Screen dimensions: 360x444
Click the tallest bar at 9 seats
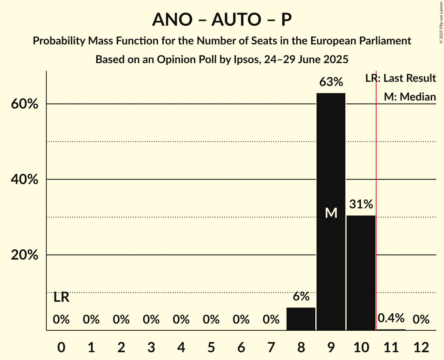(x=331, y=156)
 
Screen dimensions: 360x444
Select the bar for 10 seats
(x=361, y=273)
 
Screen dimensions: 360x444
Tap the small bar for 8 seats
(x=301, y=319)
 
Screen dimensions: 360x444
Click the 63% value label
(x=331, y=82)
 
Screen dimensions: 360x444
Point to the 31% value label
(x=361, y=204)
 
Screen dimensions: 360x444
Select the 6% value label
(x=301, y=296)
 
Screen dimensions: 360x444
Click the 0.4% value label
(x=391, y=318)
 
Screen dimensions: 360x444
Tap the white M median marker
(x=331, y=213)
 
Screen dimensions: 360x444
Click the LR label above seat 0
(x=61, y=298)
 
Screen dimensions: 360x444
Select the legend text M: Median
(x=410, y=97)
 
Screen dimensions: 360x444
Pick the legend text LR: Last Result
(x=400, y=78)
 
